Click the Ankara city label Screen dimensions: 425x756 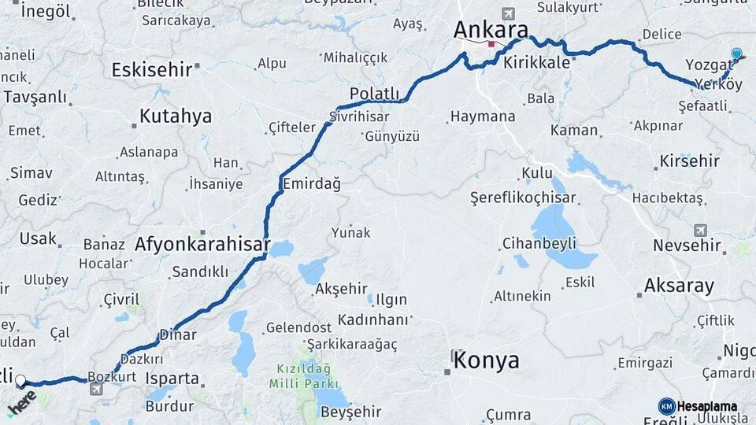click(490, 29)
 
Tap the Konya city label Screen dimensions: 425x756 click(487, 360)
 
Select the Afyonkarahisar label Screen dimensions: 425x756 click(202, 244)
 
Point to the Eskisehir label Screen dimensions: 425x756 click(152, 69)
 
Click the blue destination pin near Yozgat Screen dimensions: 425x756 click(736, 54)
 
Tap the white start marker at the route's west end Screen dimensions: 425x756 click(20, 380)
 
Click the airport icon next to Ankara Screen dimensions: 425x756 click(507, 14)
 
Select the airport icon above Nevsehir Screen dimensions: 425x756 click(700, 231)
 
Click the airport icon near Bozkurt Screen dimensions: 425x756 click(95, 389)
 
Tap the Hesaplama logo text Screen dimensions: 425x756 click(706, 406)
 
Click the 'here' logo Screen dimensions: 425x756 click(22, 401)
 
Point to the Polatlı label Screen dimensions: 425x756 click(375, 94)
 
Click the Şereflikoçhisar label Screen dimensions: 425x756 click(534, 198)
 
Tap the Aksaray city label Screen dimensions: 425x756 click(679, 285)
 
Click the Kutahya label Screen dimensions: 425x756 click(176, 116)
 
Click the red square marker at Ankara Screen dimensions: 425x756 click(491, 44)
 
